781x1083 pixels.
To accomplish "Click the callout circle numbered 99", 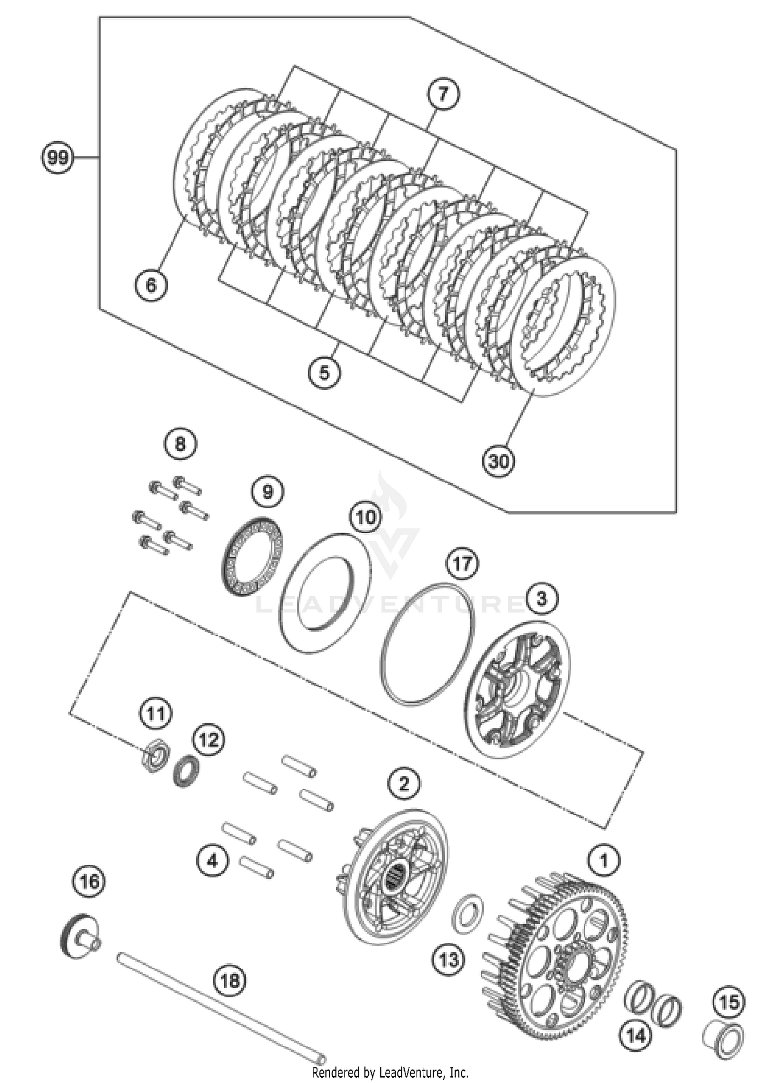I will point(57,157).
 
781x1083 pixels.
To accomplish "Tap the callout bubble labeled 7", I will point(443,95).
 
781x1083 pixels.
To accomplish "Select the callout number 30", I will point(498,461).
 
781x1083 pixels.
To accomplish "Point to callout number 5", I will point(324,373).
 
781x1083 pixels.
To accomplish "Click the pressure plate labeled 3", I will point(517,690).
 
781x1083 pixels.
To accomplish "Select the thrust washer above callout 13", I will point(467,914).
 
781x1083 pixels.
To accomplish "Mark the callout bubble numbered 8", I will point(180,444).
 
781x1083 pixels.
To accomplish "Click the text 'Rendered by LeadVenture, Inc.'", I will point(390,1073).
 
